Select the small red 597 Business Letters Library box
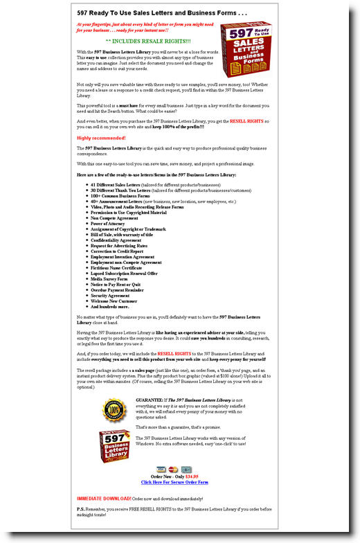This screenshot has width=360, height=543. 114,447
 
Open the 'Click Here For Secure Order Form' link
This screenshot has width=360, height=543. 174,482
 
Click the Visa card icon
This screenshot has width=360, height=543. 161,469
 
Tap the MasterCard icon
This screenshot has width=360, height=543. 173,469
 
